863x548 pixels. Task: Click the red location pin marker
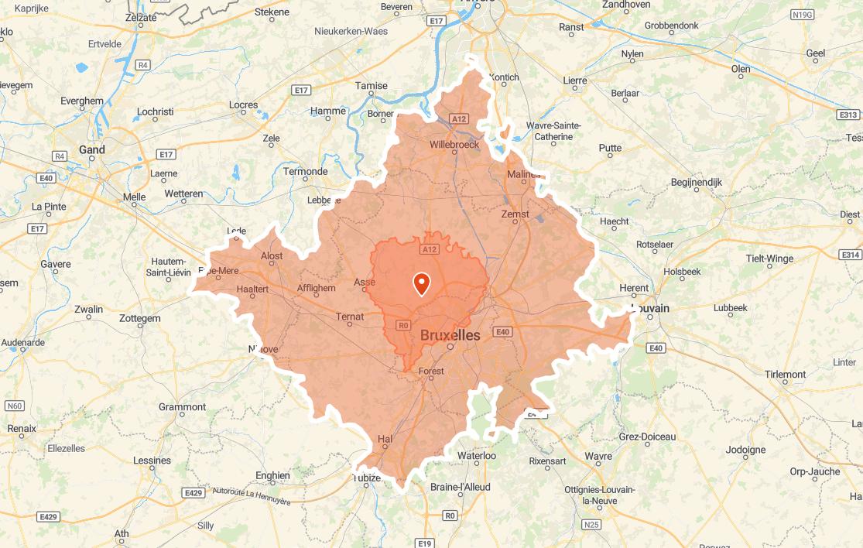[x=422, y=283]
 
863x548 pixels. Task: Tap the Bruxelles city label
[x=450, y=335]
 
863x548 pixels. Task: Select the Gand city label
[x=91, y=149]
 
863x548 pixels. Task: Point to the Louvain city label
[x=650, y=308]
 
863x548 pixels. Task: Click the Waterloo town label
[x=476, y=456]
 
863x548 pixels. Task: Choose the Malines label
[x=523, y=174]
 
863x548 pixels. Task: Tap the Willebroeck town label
[x=454, y=144]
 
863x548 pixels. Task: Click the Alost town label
[x=272, y=256]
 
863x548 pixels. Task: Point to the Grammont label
[x=182, y=407]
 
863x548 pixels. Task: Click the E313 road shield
[x=848, y=115]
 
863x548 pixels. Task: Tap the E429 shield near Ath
[x=49, y=516]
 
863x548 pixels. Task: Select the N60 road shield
[x=15, y=406]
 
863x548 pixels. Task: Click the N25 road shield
[x=591, y=524]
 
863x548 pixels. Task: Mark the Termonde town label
[x=306, y=171]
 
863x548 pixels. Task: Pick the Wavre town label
[x=598, y=456]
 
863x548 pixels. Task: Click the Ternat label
[x=350, y=316]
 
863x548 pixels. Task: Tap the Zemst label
[x=515, y=214]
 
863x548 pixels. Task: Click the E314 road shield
[x=851, y=255]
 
